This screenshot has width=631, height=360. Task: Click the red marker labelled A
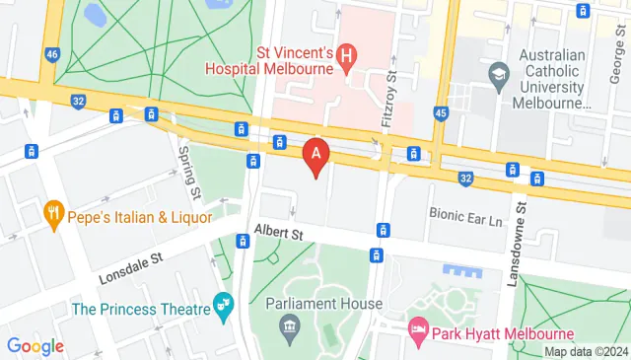coord(315,154)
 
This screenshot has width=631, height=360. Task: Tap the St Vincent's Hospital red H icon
coord(346,56)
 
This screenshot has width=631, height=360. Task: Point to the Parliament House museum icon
coord(291,327)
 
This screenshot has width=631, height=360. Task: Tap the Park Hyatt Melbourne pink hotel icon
coord(418,326)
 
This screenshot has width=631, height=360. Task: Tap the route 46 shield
coord(52,54)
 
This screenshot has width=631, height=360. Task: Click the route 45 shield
coord(442,114)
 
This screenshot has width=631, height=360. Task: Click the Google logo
coord(35,345)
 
